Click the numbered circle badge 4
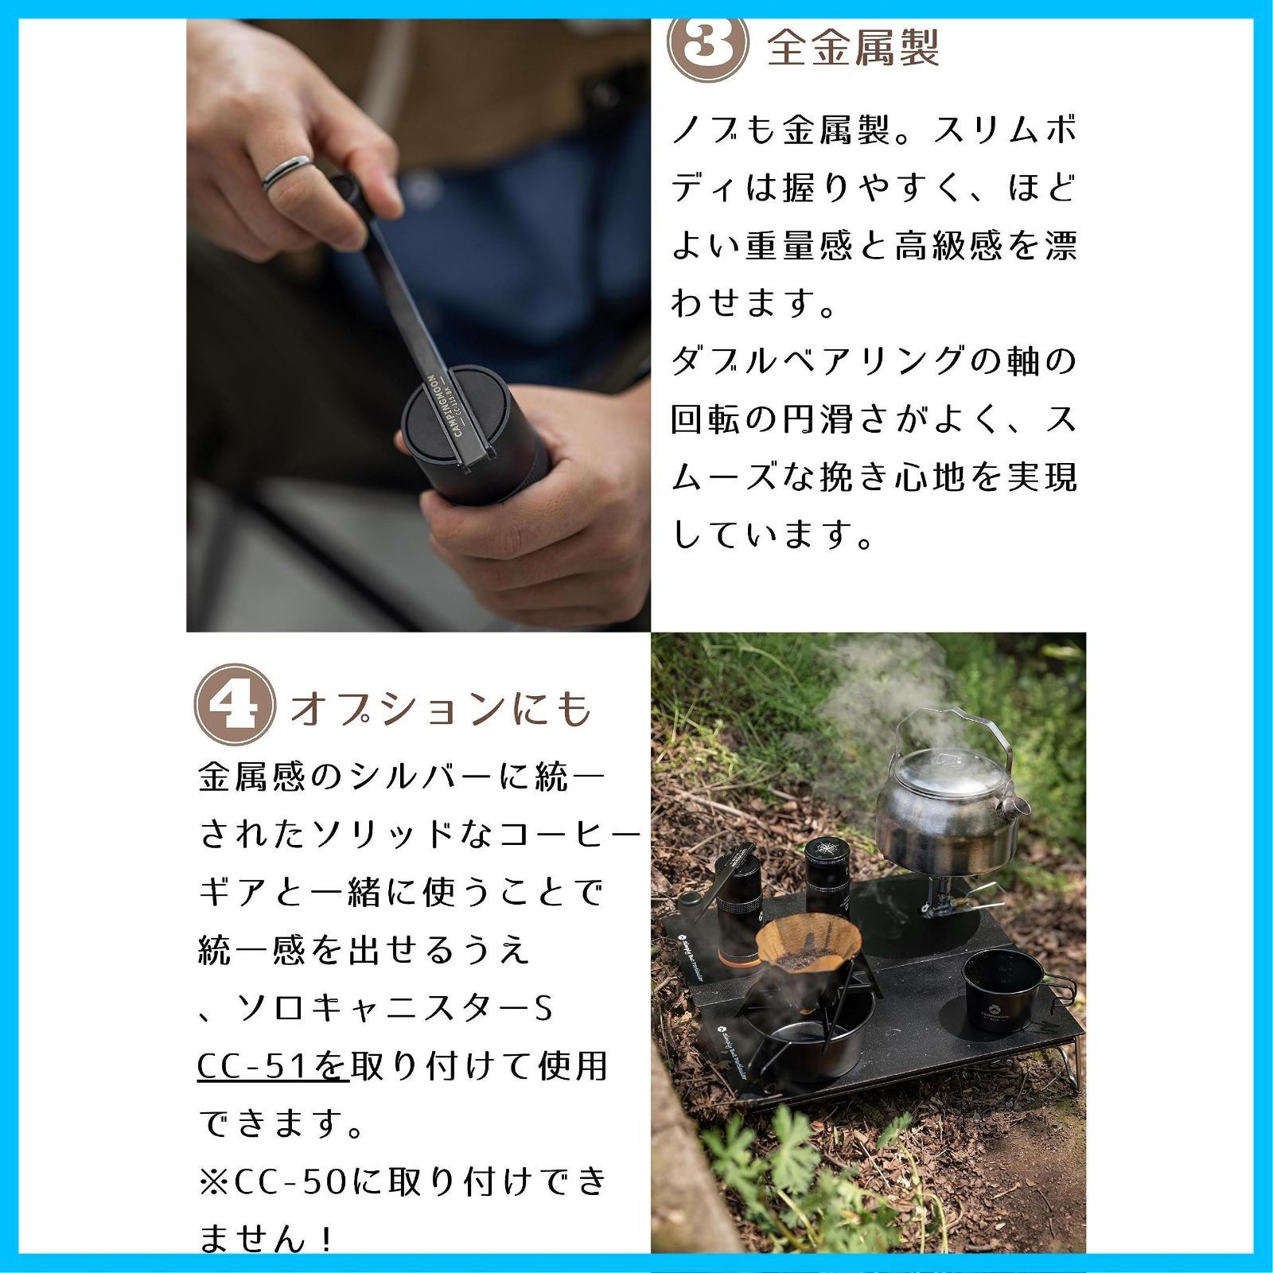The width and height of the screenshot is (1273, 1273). tap(235, 704)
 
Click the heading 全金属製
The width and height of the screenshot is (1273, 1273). tap(853, 48)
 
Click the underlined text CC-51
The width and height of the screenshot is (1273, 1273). tap(252, 1066)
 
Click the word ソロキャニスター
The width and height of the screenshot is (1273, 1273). tap(383, 1009)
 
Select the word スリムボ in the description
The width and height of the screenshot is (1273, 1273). tap(1006, 130)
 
